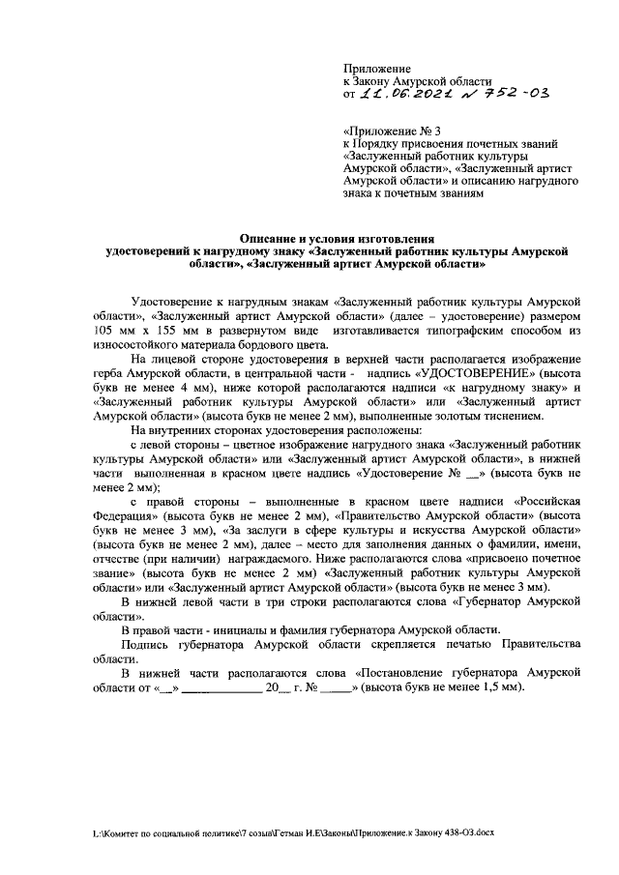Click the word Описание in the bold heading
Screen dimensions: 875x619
tap(272, 238)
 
